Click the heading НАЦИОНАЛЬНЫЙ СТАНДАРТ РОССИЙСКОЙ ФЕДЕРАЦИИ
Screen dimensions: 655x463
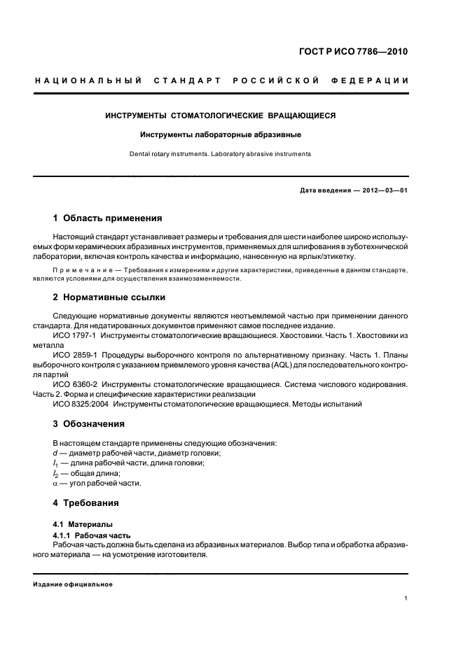[221, 80]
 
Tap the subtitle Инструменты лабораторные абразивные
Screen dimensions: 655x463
[221, 134]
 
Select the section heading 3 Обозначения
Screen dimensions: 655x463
[89, 423]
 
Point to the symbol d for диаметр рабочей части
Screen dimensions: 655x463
[55, 453]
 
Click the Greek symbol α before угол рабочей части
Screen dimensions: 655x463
[55, 483]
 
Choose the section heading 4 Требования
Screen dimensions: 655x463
[86, 502]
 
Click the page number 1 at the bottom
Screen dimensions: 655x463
[406, 598]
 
